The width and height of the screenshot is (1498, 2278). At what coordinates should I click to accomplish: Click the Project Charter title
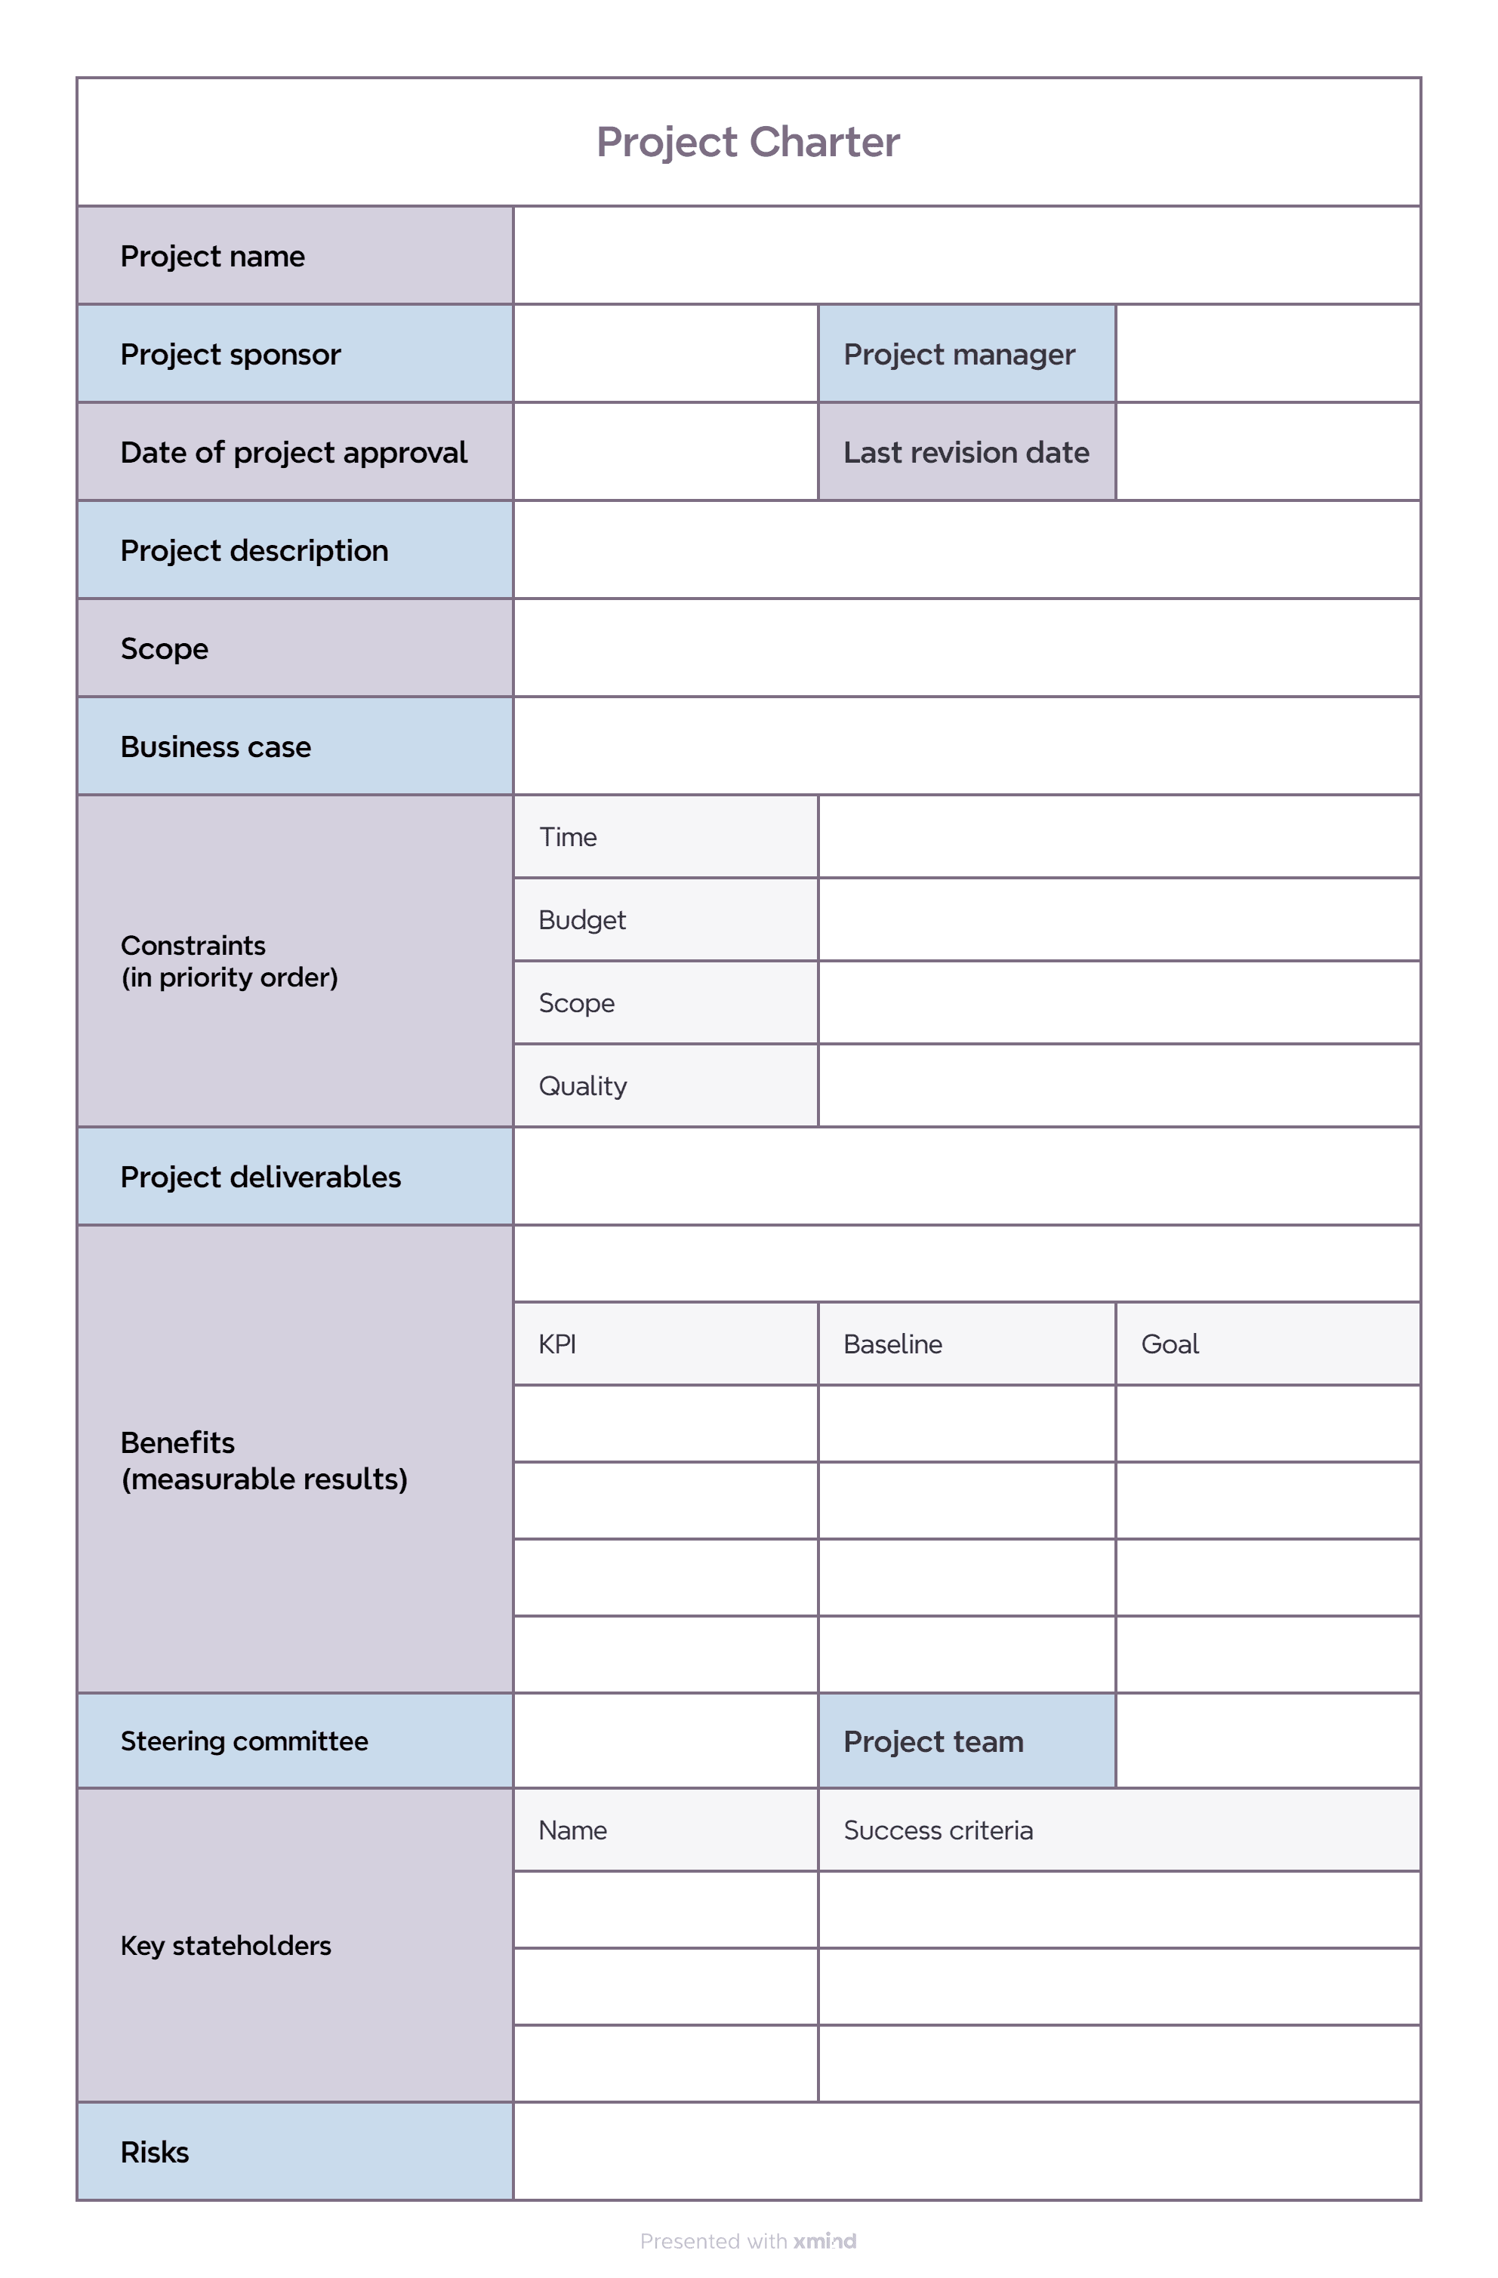747,142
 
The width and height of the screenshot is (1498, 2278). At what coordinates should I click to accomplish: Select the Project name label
212,257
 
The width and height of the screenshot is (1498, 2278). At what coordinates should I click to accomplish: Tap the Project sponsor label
231,354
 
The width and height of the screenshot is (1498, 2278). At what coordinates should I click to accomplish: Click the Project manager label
959,354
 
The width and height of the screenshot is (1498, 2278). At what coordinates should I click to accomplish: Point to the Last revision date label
966,452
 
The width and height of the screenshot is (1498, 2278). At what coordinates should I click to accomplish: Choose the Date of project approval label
294,452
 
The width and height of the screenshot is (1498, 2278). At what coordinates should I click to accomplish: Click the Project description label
254,550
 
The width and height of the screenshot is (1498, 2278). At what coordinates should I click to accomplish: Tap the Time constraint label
568,836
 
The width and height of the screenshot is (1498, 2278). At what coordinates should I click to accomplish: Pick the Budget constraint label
582,920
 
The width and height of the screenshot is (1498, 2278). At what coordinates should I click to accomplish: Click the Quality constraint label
583,1085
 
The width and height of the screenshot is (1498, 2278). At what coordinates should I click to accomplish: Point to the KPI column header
557,1344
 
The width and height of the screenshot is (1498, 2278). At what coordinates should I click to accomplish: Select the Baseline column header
892,1344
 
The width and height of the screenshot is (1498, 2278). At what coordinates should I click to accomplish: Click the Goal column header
1170,1344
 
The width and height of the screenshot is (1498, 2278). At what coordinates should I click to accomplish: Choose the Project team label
933,1741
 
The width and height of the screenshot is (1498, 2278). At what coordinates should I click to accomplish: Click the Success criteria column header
938,1830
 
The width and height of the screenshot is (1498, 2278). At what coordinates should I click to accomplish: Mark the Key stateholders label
226,1945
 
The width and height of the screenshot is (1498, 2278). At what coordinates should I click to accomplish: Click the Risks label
155,2152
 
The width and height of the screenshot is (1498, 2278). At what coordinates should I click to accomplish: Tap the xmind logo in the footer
825,2241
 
